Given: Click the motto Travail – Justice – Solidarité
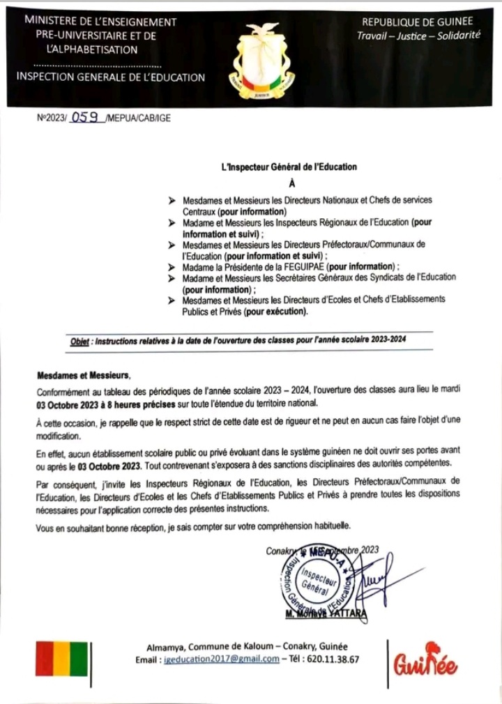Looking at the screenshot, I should click(x=418, y=36).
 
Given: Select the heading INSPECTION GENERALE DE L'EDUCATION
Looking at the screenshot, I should click(x=110, y=77).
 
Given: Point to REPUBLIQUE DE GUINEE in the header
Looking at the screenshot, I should click(x=418, y=22).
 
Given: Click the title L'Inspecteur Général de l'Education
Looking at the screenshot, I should click(x=288, y=167).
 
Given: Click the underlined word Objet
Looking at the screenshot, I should click(x=80, y=341).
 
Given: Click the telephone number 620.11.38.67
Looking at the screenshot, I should click(x=335, y=659).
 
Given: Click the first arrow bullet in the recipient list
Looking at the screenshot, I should click(x=172, y=200).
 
